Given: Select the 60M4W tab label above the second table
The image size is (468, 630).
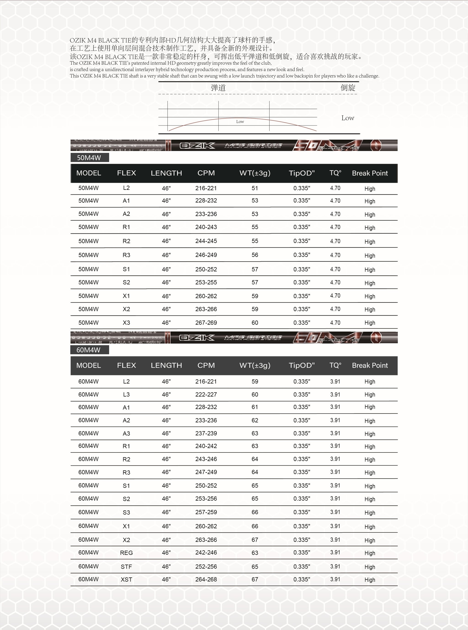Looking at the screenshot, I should coord(88,350).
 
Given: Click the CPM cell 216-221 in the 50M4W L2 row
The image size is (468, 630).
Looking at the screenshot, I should coord(206,188).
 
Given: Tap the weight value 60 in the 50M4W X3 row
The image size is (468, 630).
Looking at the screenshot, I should coord(255,323).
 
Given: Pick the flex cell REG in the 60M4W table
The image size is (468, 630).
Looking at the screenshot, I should coord(126,553).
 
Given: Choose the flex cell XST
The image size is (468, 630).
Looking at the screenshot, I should coord(126,580).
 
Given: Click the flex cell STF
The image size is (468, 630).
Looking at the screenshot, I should coord(126,566).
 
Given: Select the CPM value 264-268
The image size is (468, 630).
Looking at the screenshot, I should coord(206,579).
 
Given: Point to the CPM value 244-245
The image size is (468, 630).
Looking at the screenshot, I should coord(206,241).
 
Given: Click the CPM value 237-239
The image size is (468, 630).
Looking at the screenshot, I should coord(206,433).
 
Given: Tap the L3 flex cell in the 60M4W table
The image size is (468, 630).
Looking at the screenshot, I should coord(126,394).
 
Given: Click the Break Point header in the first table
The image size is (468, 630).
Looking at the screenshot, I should coord(370,173).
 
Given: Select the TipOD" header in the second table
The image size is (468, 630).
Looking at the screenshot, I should coord(302,365).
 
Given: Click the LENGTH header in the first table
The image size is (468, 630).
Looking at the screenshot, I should coord(166,173).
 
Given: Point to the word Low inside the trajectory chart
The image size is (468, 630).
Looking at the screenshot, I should coord(240,122).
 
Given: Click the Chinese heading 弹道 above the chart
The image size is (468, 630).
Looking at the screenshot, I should coord(218,88).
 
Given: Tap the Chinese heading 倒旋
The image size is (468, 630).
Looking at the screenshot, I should coord(348,88).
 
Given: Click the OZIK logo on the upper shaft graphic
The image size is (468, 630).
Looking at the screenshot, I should coord(197,146).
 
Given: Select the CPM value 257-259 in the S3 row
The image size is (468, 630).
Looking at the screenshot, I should coord(206,512).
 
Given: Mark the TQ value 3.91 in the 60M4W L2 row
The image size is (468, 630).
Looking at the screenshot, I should coord(335,381).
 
